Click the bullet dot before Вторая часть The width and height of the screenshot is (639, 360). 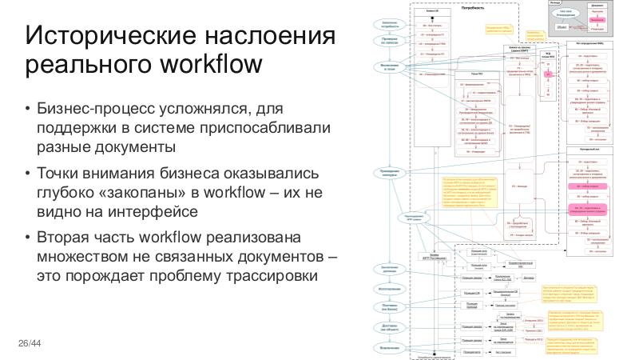(x=27, y=238)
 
